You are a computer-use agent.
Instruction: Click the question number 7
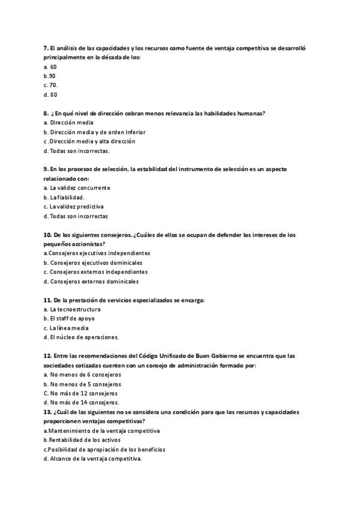46,47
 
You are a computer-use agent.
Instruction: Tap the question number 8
46,113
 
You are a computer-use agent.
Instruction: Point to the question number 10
47,235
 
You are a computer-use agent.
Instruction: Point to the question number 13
47,412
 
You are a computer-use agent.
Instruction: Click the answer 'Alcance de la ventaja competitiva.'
96,459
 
